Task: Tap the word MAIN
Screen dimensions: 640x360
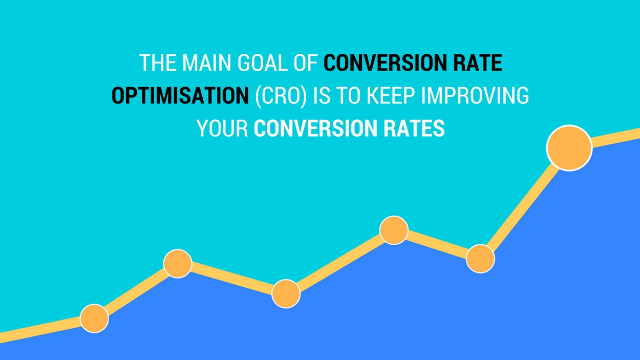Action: [x=206, y=62]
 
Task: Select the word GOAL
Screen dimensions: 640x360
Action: [x=263, y=62]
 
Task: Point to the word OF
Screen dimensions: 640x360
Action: [x=306, y=62]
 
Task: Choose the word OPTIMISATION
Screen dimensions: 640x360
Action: [x=180, y=95]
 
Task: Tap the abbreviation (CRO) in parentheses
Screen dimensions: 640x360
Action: [x=281, y=96]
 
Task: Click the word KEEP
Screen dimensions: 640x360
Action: [x=391, y=95]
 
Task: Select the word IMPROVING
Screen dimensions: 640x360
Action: [x=475, y=95]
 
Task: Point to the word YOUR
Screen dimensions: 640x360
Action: [x=222, y=129]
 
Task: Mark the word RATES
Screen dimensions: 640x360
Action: [x=414, y=129]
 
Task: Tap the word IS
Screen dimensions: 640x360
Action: [x=322, y=95]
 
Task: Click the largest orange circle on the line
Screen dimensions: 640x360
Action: [x=569, y=148]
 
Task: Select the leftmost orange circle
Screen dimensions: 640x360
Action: [x=94, y=319]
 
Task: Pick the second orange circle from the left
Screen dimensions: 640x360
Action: [x=178, y=263]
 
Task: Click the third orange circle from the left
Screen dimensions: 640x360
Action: [x=286, y=294]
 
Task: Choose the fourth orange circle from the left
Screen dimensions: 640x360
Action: [x=394, y=230]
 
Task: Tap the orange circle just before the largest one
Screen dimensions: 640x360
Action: [x=480, y=259]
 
